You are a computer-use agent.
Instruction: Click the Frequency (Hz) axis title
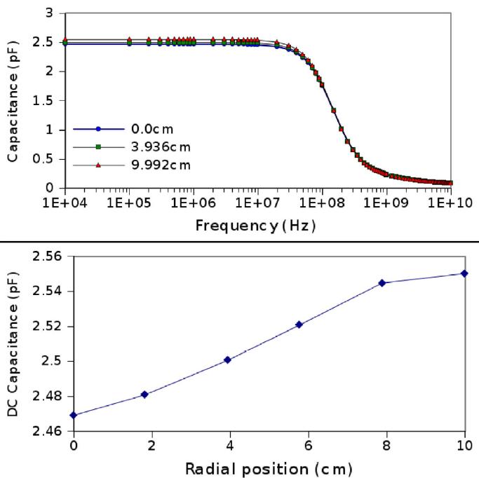[257, 226]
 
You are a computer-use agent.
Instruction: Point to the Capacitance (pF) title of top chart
[12, 101]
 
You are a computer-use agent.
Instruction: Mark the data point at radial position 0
[74, 415]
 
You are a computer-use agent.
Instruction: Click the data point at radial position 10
[464, 273]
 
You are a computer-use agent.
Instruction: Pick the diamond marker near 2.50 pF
[227, 360]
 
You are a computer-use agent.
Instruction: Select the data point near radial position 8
[382, 283]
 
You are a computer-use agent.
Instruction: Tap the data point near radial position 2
[144, 395]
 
